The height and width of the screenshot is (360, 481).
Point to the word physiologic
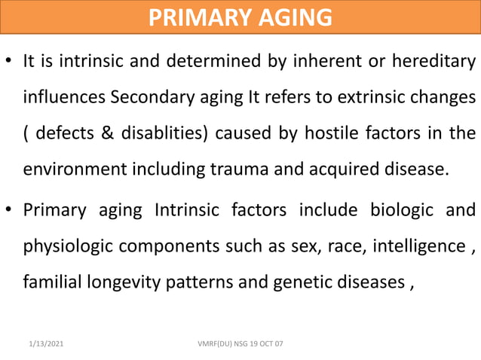pyautogui.click(x=69, y=246)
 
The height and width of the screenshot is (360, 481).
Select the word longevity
pyautogui.click(x=129, y=282)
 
